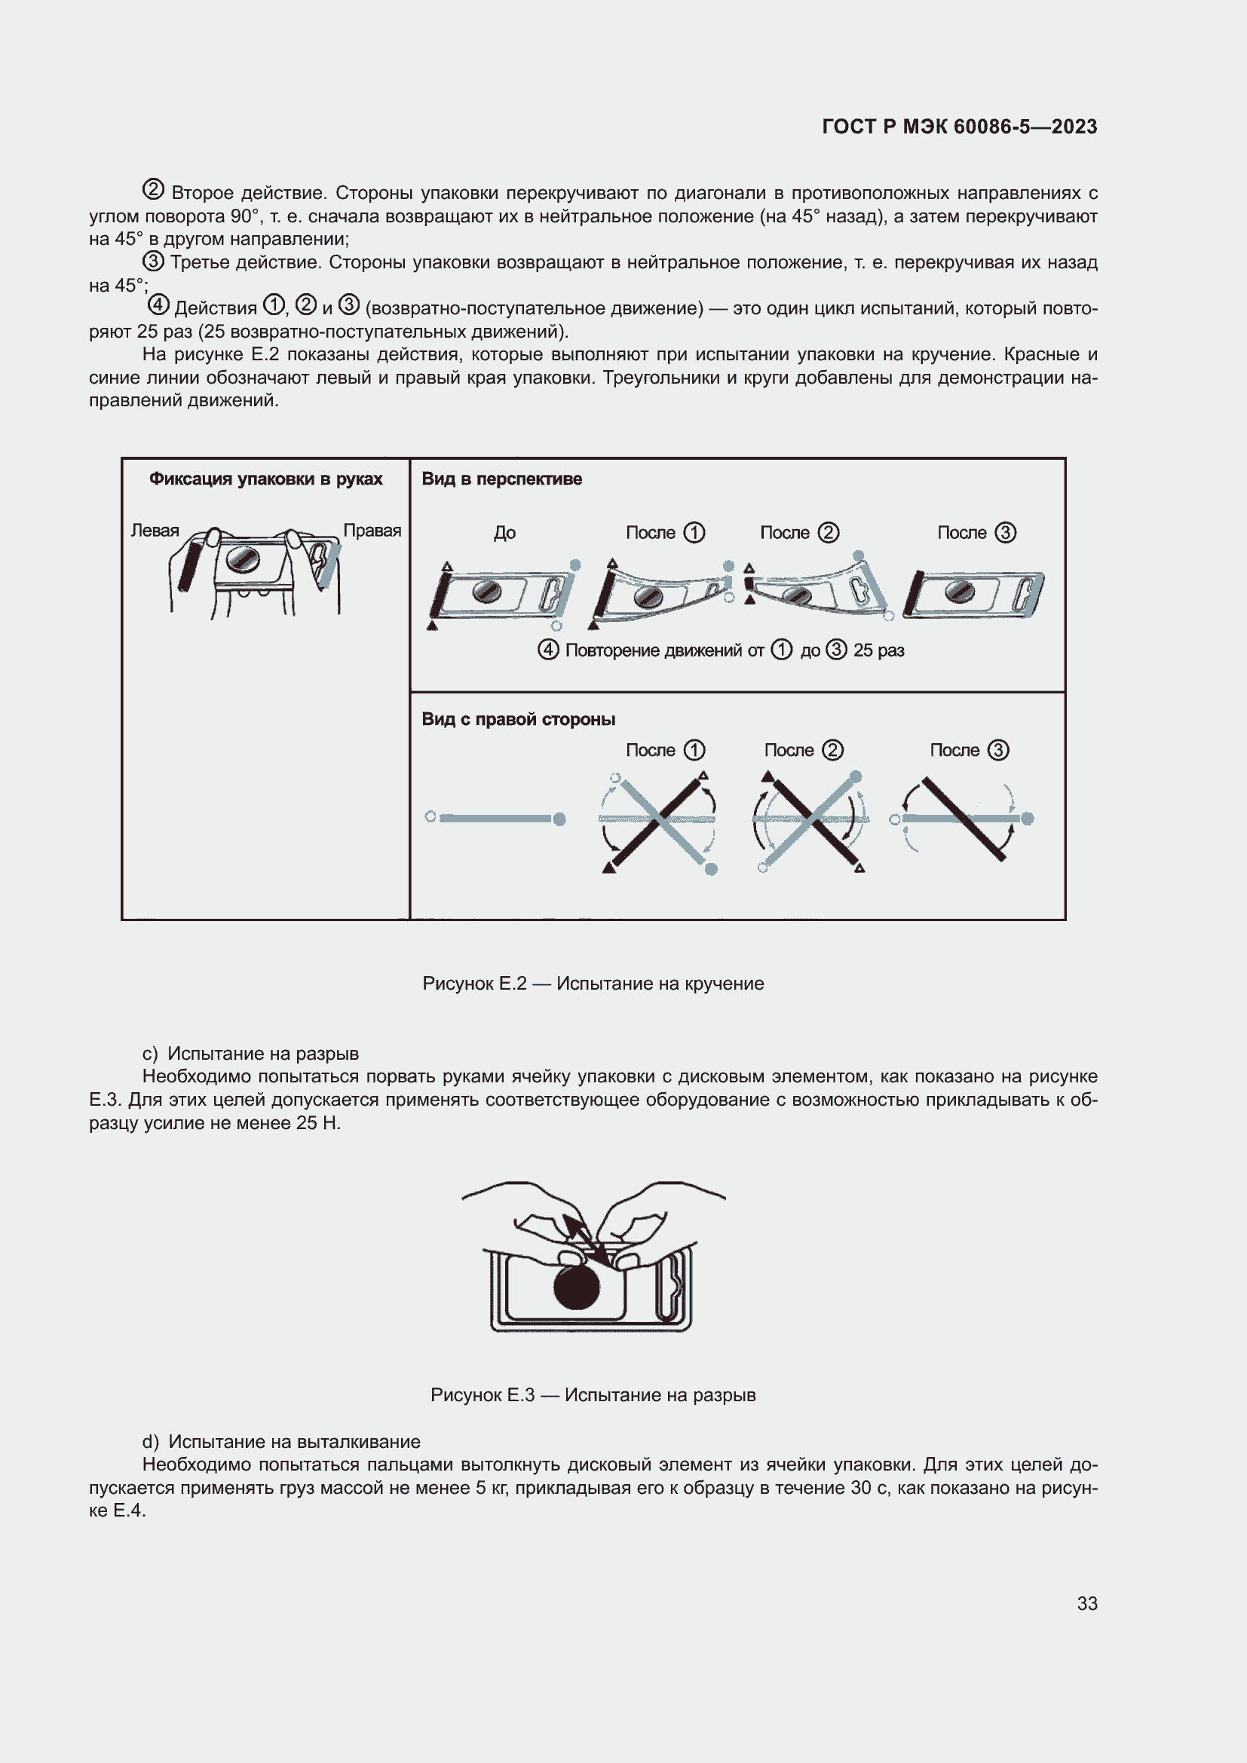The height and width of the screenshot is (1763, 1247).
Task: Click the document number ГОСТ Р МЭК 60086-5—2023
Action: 959,127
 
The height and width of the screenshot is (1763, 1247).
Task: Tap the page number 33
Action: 1086,1603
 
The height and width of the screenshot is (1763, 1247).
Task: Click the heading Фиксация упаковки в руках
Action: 265,479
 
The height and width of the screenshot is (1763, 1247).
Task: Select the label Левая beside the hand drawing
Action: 155,531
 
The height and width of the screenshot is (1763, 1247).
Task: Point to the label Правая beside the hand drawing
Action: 372,531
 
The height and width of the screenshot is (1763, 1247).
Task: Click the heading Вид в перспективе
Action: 501,479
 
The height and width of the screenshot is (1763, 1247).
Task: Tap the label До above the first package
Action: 504,533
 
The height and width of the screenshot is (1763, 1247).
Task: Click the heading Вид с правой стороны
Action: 518,720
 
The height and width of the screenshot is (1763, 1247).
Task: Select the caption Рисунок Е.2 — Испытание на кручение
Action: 593,984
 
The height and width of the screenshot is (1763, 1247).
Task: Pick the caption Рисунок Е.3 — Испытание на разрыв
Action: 593,1395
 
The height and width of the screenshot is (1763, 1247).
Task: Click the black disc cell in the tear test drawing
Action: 576,1287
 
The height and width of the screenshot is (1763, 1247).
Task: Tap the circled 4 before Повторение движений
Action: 548,650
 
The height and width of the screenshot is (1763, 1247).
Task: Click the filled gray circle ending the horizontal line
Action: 559,819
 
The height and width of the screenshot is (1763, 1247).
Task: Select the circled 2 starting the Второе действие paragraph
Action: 153,190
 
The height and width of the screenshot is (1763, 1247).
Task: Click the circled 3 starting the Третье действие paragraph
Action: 154,261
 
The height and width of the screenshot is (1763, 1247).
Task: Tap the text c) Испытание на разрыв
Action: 250,1054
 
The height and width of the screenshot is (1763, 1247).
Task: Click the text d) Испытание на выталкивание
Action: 281,1441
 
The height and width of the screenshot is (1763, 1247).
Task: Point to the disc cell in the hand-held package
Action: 244,560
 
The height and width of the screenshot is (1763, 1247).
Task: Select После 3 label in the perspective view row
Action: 976,533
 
